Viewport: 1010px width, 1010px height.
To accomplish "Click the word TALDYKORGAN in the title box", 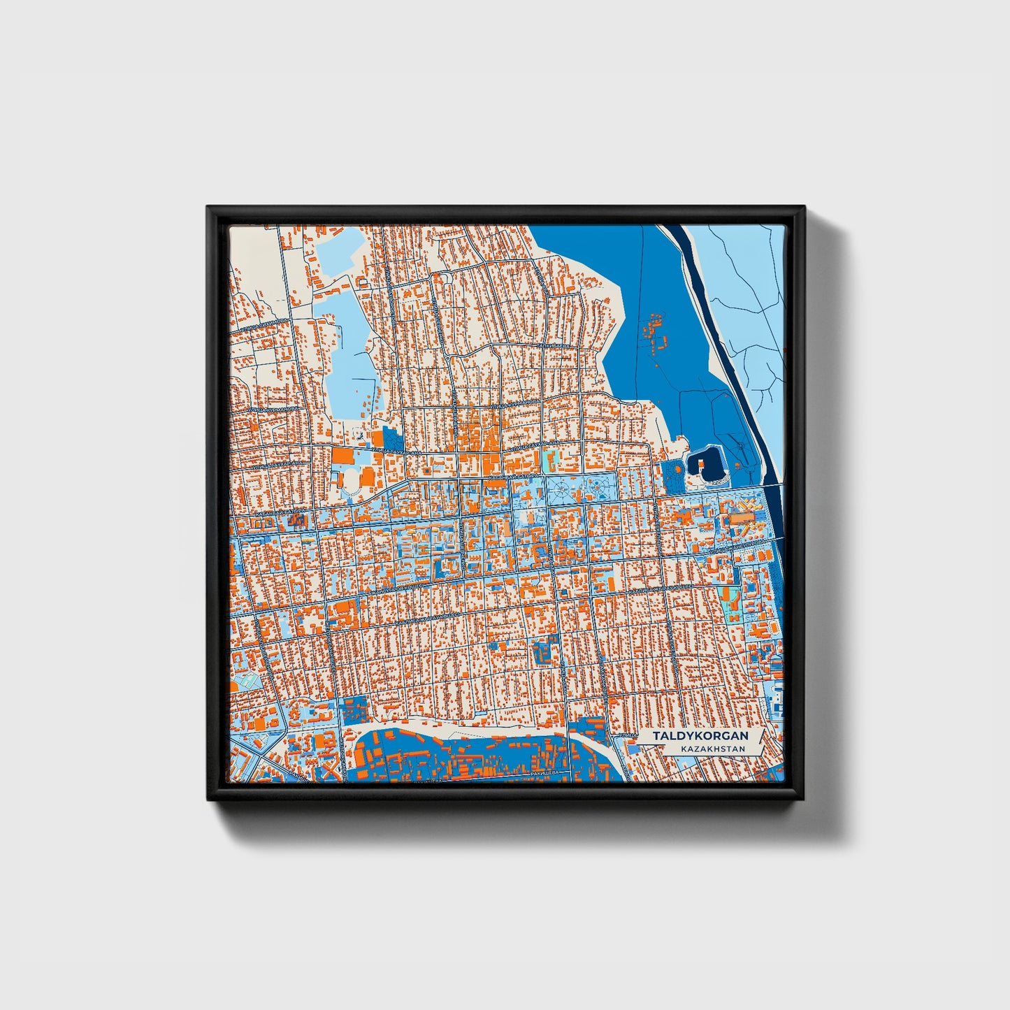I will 700,736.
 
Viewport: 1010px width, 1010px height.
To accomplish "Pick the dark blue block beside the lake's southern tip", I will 392,440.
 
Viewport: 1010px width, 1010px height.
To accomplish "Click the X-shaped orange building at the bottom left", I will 333,772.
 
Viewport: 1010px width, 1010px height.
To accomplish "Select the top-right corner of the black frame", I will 804,208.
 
